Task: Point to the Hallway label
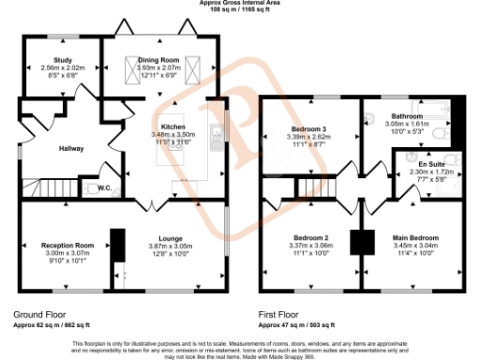(x=72, y=148)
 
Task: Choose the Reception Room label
(x=64, y=244)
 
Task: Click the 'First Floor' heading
(x=282, y=315)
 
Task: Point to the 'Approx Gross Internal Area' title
(x=239, y=3)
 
